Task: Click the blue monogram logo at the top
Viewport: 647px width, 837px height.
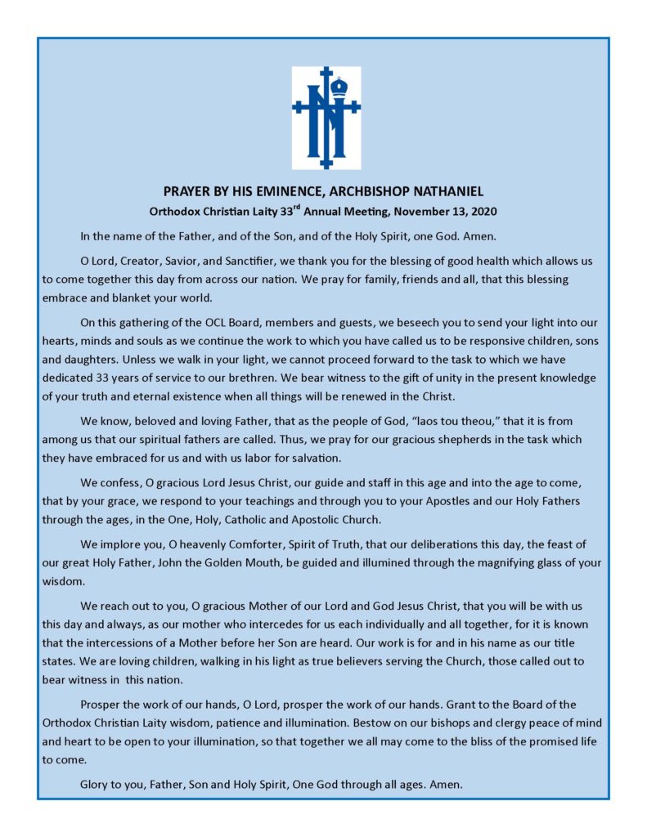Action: [326, 118]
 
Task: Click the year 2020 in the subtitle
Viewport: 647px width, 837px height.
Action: [482, 212]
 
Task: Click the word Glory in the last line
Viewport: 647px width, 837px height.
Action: [96, 785]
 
